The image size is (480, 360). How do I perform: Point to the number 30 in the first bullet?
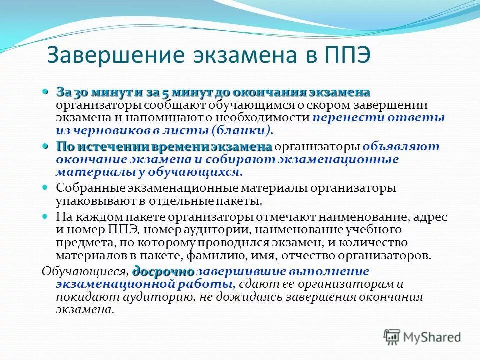[x=79, y=93]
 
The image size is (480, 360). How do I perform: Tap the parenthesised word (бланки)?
[x=242, y=130]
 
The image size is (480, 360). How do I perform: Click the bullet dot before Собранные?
[x=45, y=188]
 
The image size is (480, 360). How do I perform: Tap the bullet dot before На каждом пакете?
[x=45, y=217]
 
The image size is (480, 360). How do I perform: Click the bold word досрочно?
[x=163, y=272]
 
